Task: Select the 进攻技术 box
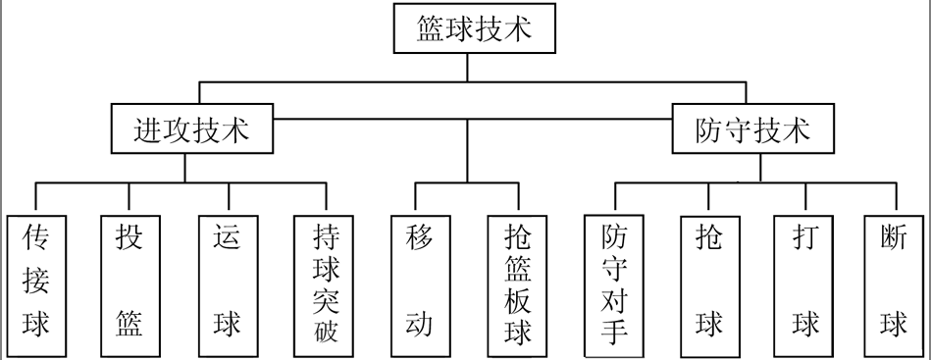(191, 129)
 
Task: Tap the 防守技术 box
(753, 129)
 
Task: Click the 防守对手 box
(614, 284)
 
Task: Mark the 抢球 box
(708, 284)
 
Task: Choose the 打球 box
(803, 284)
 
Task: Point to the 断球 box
(893, 284)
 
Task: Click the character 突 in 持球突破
(327, 297)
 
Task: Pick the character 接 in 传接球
(36, 281)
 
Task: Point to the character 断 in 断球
(893, 238)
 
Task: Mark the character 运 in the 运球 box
(228, 238)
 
